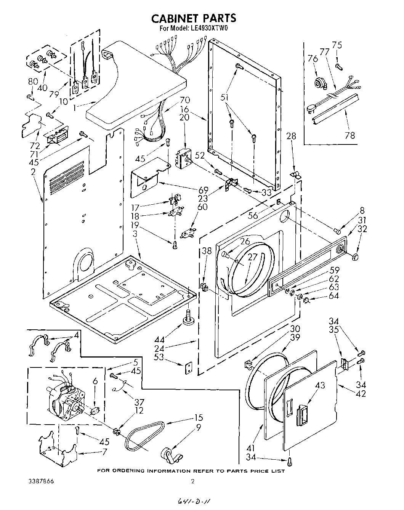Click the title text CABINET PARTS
click(194, 18)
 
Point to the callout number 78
click(349, 135)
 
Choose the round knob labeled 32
click(355, 258)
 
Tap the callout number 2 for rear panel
click(33, 172)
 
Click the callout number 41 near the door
click(251, 448)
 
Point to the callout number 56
click(253, 215)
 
